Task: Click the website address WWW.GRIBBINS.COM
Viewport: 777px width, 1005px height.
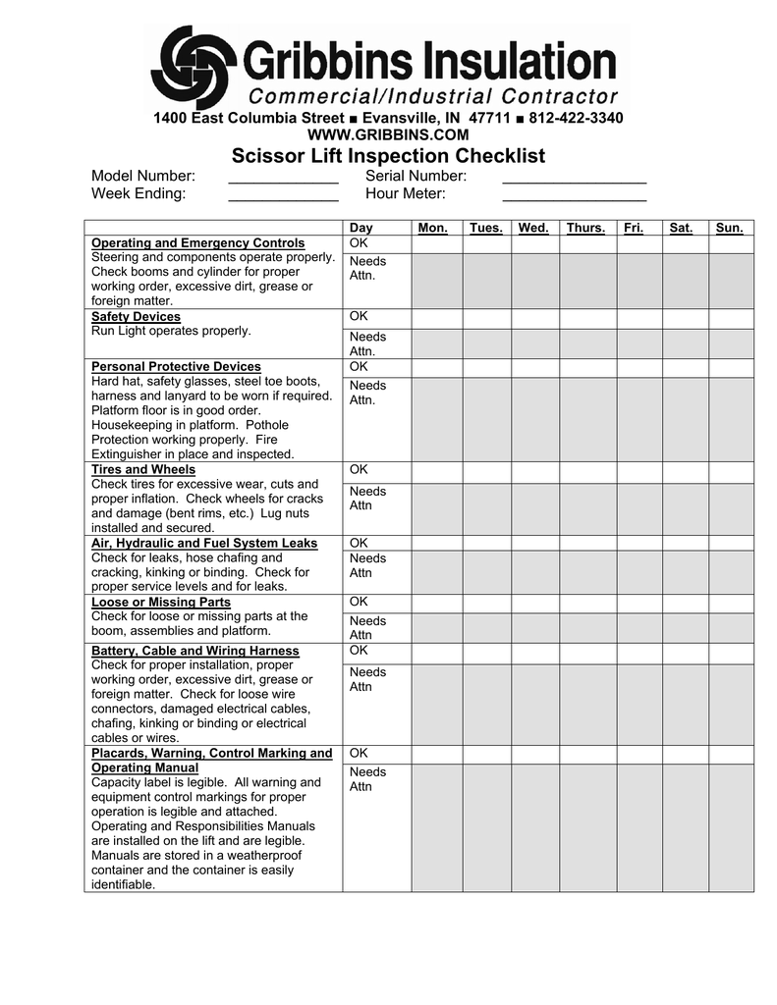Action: (x=388, y=134)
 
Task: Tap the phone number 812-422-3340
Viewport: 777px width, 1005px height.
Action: (x=576, y=118)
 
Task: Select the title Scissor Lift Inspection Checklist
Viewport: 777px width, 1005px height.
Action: (x=388, y=156)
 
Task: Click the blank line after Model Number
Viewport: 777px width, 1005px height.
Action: (x=283, y=177)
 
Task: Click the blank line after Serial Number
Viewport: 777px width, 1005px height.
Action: (x=574, y=177)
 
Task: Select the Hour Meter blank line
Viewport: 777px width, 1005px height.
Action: (x=574, y=194)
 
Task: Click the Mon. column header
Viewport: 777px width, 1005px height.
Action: (x=433, y=228)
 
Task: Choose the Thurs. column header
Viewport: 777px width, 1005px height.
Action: (x=585, y=228)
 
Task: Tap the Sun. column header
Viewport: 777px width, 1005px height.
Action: (x=730, y=228)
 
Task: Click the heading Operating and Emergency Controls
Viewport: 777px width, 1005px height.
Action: (x=197, y=243)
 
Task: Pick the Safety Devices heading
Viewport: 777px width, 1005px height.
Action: (x=136, y=317)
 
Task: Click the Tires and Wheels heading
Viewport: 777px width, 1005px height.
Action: (x=143, y=470)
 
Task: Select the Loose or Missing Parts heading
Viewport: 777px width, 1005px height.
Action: (x=161, y=602)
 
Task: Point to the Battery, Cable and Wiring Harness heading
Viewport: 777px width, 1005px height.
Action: (x=195, y=651)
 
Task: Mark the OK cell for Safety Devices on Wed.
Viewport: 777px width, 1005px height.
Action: (x=535, y=319)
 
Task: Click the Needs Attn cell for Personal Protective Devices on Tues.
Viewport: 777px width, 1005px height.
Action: (x=486, y=419)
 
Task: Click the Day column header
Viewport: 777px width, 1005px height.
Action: (x=361, y=228)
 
